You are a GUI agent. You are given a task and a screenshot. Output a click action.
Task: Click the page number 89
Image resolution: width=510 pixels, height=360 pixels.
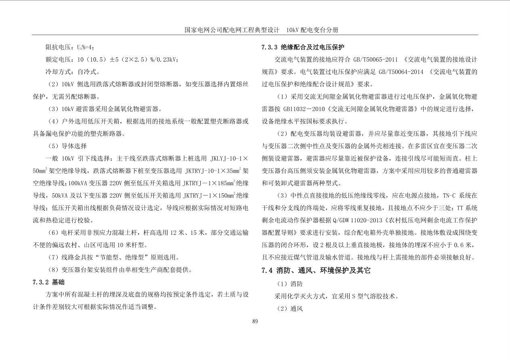[x=255, y=322]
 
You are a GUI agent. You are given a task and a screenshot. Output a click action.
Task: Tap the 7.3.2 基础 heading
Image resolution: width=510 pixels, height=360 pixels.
[x=48, y=282]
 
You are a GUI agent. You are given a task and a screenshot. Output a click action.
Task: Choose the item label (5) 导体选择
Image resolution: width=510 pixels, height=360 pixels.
[x=67, y=146]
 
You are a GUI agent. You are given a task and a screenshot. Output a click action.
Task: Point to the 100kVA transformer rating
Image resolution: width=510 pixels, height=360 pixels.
[x=80, y=183]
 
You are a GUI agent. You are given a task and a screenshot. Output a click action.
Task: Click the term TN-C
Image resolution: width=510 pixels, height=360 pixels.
[x=449, y=196]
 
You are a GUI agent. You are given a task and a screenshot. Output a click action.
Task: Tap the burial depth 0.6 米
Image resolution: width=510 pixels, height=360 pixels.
[x=462, y=245]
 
